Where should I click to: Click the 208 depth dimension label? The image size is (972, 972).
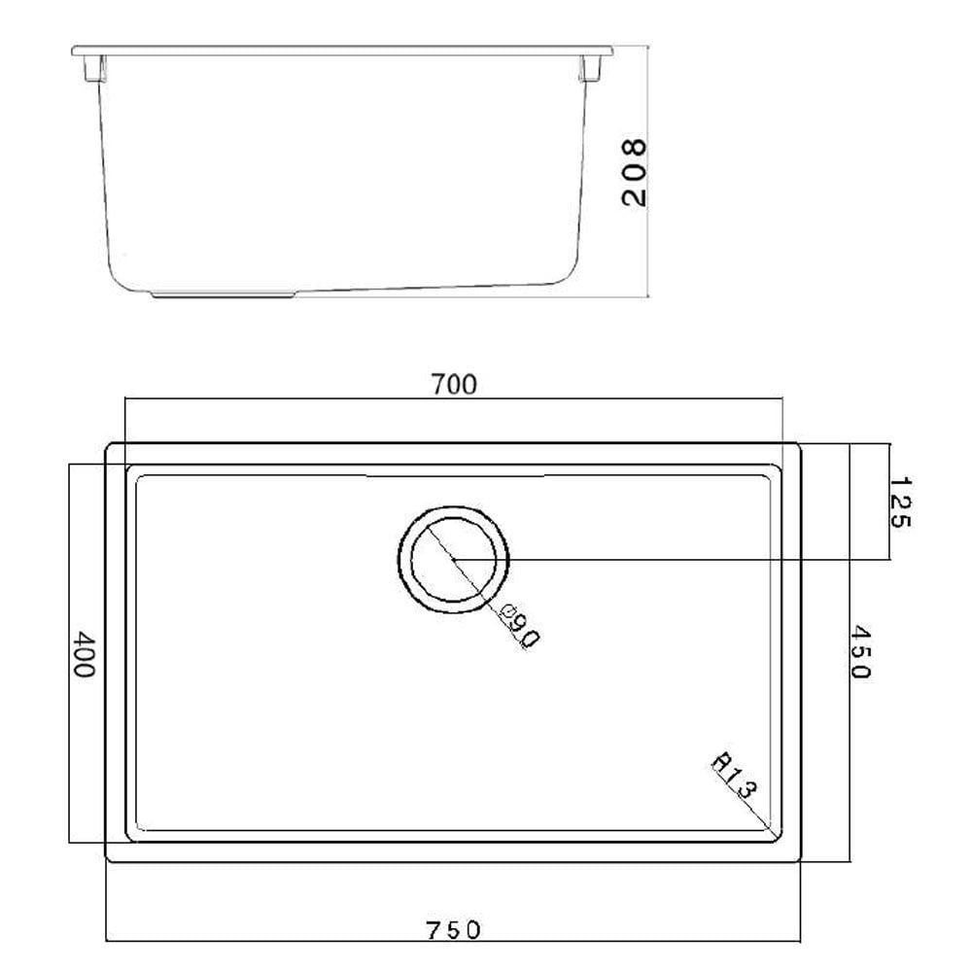pyautogui.click(x=633, y=172)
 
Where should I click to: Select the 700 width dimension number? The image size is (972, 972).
pyautogui.click(x=454, y=385)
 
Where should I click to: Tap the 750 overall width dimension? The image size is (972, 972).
pyautogui.click(x=453, y=929)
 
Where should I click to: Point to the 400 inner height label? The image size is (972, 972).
pyautogui.click(x=85, y=655)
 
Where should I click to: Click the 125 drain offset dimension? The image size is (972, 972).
pyautogui.click(x=897, y=502)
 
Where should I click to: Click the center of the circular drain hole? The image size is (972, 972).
pyautogui.click(x=453, y=559)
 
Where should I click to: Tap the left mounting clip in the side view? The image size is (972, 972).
pyautogui.click(x=94, y=68)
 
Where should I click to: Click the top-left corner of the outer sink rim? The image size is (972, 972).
pyautogui.click(x=107, y=445)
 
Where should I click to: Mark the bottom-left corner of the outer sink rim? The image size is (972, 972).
pyautogui.click(x=107, y=859)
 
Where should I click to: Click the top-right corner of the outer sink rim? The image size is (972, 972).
pyautogui.click(x=799, y=445)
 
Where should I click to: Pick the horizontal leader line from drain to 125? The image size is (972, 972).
pyautogui.click(x=680, y=560)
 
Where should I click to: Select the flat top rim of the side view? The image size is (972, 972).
pyautogui.click(x=340, y=48)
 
